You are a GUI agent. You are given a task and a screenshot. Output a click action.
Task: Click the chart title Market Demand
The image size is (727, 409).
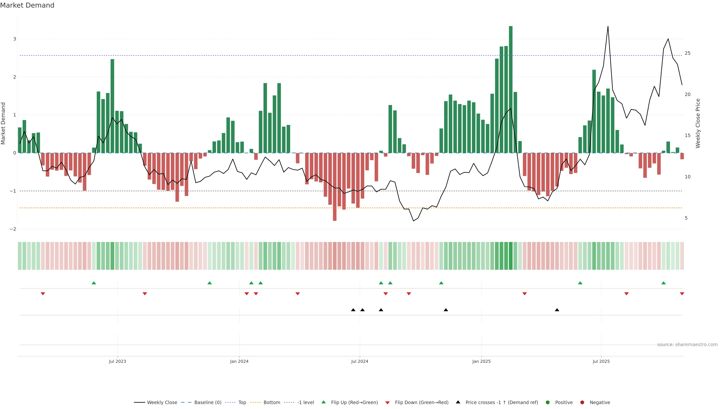click(27, 5)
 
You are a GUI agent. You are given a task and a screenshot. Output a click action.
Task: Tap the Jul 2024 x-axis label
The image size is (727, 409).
click(360, 361)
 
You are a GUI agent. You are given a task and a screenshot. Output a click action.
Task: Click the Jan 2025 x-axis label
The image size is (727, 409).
click(481, 361)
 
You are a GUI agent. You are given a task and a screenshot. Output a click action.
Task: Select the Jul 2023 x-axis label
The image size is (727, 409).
click(117, 361)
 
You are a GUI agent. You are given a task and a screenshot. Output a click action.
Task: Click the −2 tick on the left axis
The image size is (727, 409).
click(13, 229)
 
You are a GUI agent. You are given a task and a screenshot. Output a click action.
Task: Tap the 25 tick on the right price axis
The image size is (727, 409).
click(687, 53)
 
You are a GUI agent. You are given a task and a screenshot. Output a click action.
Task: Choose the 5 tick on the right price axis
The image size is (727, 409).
click(686, 218)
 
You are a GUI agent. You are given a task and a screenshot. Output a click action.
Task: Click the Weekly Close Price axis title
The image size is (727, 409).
click(698, 123)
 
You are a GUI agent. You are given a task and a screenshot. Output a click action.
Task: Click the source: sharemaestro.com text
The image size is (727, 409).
click(687, 344)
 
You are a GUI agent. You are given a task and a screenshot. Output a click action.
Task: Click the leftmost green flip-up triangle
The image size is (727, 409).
click(94, 283)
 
